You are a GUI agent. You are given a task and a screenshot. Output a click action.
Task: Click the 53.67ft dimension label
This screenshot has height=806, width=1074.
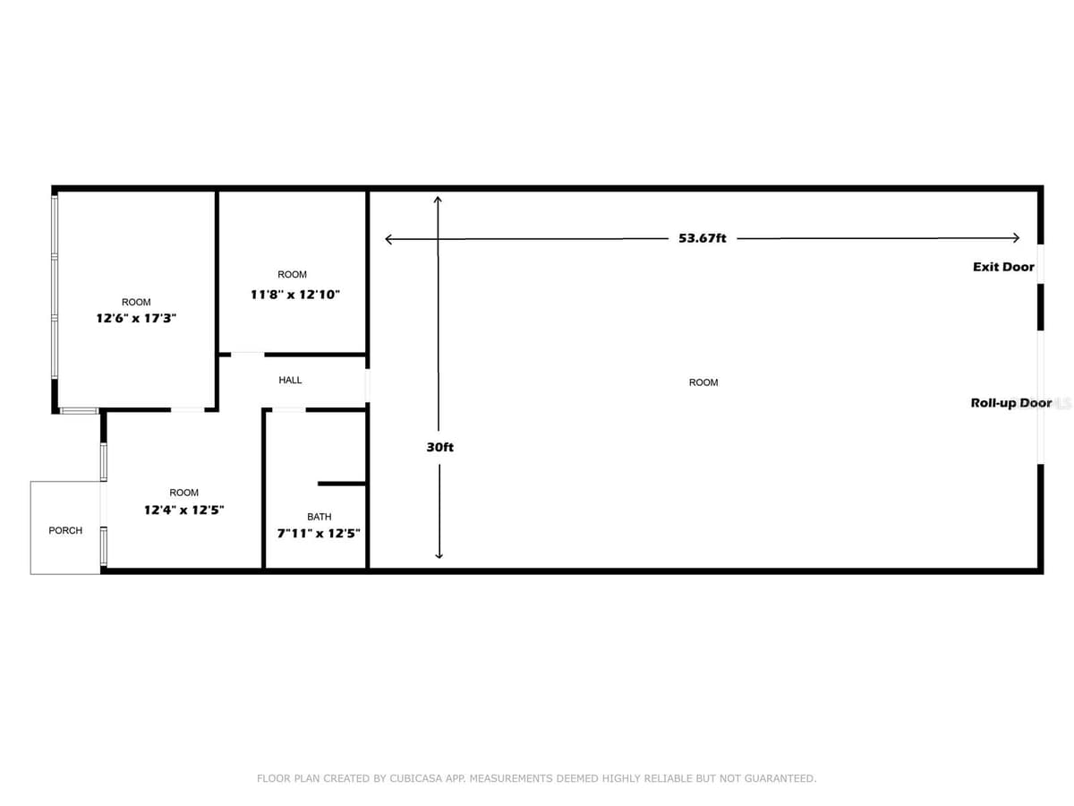pyautogui.click(x=702, y=238)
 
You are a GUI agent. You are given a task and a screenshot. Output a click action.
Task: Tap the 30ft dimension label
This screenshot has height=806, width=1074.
pyautogui.click(x=439, y=447)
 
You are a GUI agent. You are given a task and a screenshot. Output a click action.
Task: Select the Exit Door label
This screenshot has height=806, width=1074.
pyautogui.click(x=1003, y=267)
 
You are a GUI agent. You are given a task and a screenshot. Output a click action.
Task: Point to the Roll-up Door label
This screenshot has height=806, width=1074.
pyautogui.click(x=1010, y=403)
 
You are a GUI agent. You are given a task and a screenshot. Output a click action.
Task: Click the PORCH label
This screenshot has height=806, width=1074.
pyautogui.click(x=65, y=530)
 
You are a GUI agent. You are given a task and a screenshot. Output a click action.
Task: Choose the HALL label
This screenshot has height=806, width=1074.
pyautogui.click(x=290, y=380)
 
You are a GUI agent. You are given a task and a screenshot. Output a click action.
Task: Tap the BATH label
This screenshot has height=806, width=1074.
pyautogui.click(x=319, y=517)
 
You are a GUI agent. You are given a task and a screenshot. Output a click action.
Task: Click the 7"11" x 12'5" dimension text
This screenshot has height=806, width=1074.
pyautogui.click(x=319, y=534)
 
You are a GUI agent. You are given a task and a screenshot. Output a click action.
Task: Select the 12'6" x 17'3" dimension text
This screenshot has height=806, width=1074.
pyautogui.click(x=136, y=318)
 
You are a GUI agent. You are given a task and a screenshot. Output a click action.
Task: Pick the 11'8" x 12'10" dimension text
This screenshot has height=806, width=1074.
pyautogui.click(x=295, y=295)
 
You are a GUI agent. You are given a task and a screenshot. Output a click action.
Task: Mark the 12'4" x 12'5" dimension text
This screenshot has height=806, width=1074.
pyautogui.click(x=184, y=510)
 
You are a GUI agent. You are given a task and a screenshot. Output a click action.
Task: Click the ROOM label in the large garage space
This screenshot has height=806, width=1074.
pyautogui.click(x=703, y=382)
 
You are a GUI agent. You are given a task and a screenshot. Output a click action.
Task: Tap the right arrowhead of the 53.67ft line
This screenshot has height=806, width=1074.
pyautogui.click(x=1019, y=238)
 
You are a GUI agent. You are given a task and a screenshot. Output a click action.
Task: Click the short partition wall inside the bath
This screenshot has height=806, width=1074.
pyautogui.click(x=342, y=484)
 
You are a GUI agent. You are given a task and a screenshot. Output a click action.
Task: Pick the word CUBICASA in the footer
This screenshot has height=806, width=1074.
pyautogui.click(x=415, y=777)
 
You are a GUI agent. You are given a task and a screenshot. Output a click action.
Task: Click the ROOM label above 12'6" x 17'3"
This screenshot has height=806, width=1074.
pyautogui.click(x=136, y=302)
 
